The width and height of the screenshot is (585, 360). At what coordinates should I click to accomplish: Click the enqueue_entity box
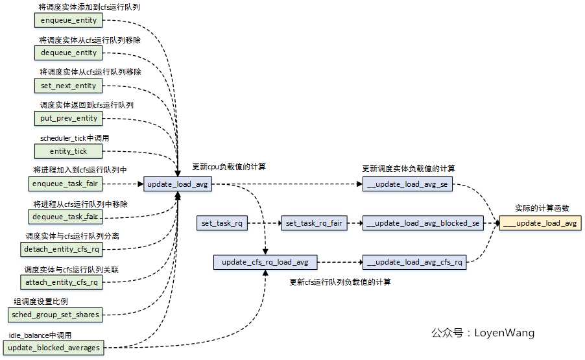pos(68,20)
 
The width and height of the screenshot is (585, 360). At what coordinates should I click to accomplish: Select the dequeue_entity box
pos(68,53)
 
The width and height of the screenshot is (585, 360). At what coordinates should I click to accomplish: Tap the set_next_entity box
pos(68,86)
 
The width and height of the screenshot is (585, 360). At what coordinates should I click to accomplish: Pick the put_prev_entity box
pos(68,118)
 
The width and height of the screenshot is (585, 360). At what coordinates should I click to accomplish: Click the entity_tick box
pos(68,151)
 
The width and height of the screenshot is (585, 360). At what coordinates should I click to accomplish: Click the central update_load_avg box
pos(177,185)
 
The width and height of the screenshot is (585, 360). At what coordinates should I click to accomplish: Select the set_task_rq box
pos(222,223)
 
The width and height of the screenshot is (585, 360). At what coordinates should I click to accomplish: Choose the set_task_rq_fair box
pos(313,223)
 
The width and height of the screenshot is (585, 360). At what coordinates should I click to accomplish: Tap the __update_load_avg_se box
pos(408,185)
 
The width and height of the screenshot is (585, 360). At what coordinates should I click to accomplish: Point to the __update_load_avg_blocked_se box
pos(422,223)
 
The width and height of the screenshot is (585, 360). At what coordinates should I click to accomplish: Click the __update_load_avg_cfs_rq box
pos(414,263)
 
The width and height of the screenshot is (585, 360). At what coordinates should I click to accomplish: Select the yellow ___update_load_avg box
pos(540,223)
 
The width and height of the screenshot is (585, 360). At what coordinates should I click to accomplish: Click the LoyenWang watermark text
pos(483,333)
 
